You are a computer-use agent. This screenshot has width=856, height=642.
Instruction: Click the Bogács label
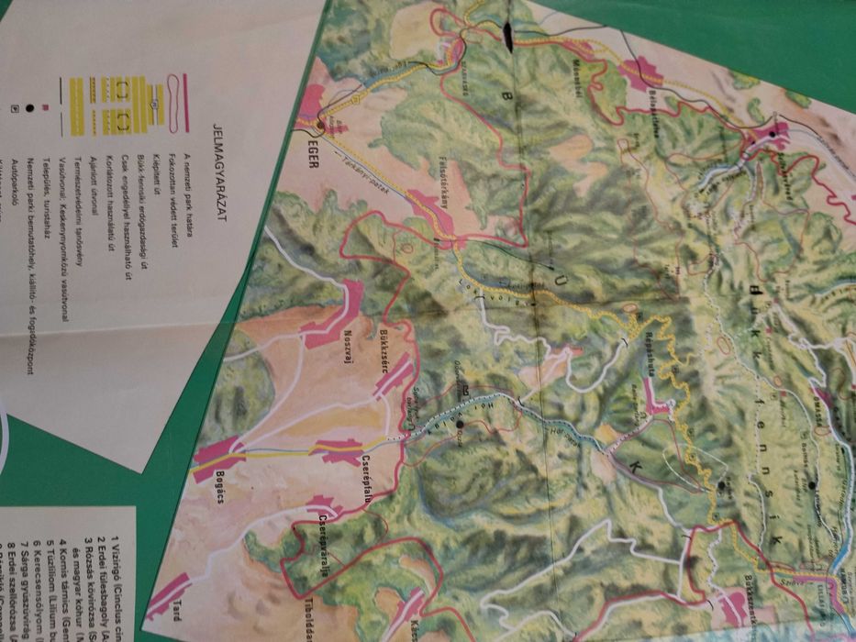point(237,477)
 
